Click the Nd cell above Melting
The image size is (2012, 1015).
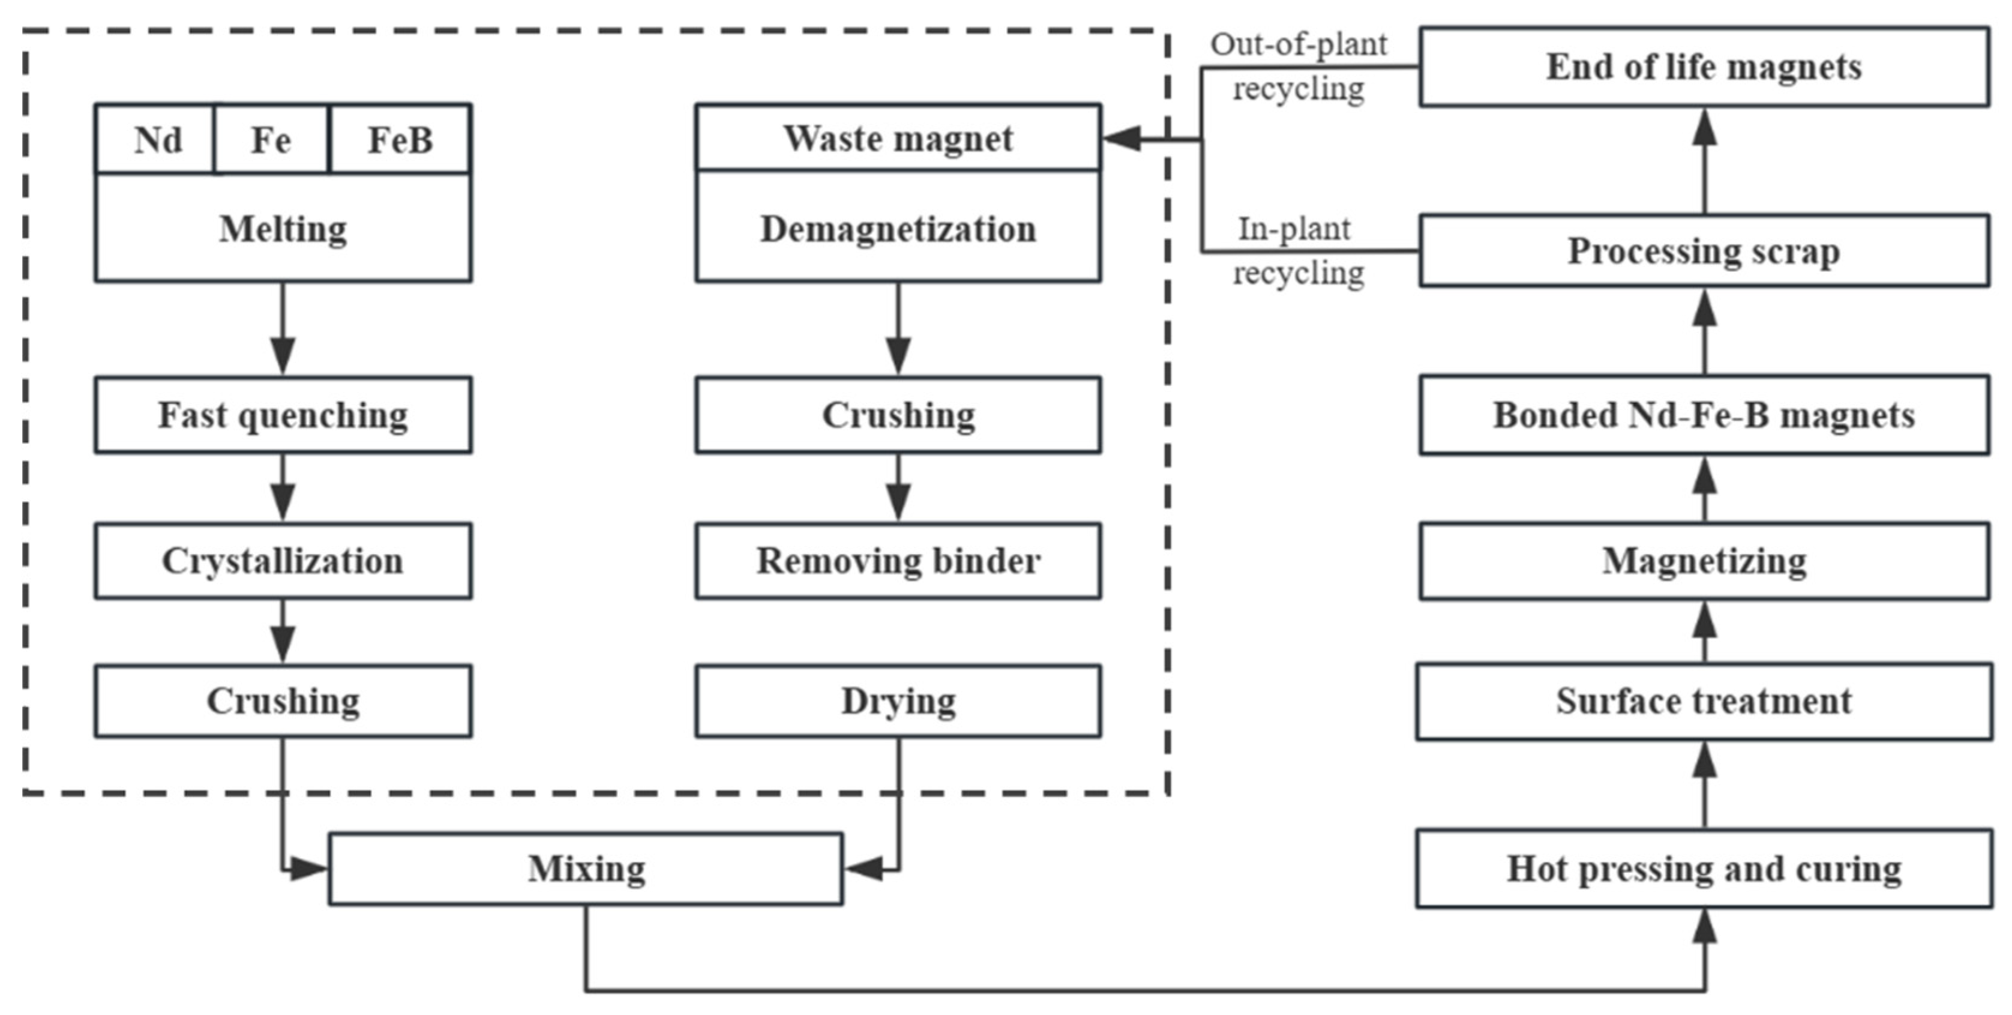click(156, 140)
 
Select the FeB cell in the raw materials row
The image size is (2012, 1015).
click(400, 140)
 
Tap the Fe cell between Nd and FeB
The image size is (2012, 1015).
click(271, 140)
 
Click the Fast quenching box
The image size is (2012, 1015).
click(283, 415)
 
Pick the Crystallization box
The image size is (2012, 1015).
click(283, 561)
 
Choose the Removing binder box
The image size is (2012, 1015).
click(898, 561)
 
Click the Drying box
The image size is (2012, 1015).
click(898, 701)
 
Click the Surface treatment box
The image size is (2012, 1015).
click(1704, 701)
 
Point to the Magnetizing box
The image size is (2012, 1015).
click(1704, 561)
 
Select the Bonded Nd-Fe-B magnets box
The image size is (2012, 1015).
click(1704, 415)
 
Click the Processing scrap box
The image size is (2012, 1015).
click(1704, 251)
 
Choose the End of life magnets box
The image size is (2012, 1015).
click(1704, 67)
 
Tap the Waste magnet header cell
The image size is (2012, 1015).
click(898, 138)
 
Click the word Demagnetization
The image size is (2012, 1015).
click(898, 229)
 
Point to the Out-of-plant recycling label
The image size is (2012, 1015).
click(1299, 67)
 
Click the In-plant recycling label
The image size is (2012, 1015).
click(1297, 251)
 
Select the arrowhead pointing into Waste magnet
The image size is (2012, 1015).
click(1122, 139)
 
